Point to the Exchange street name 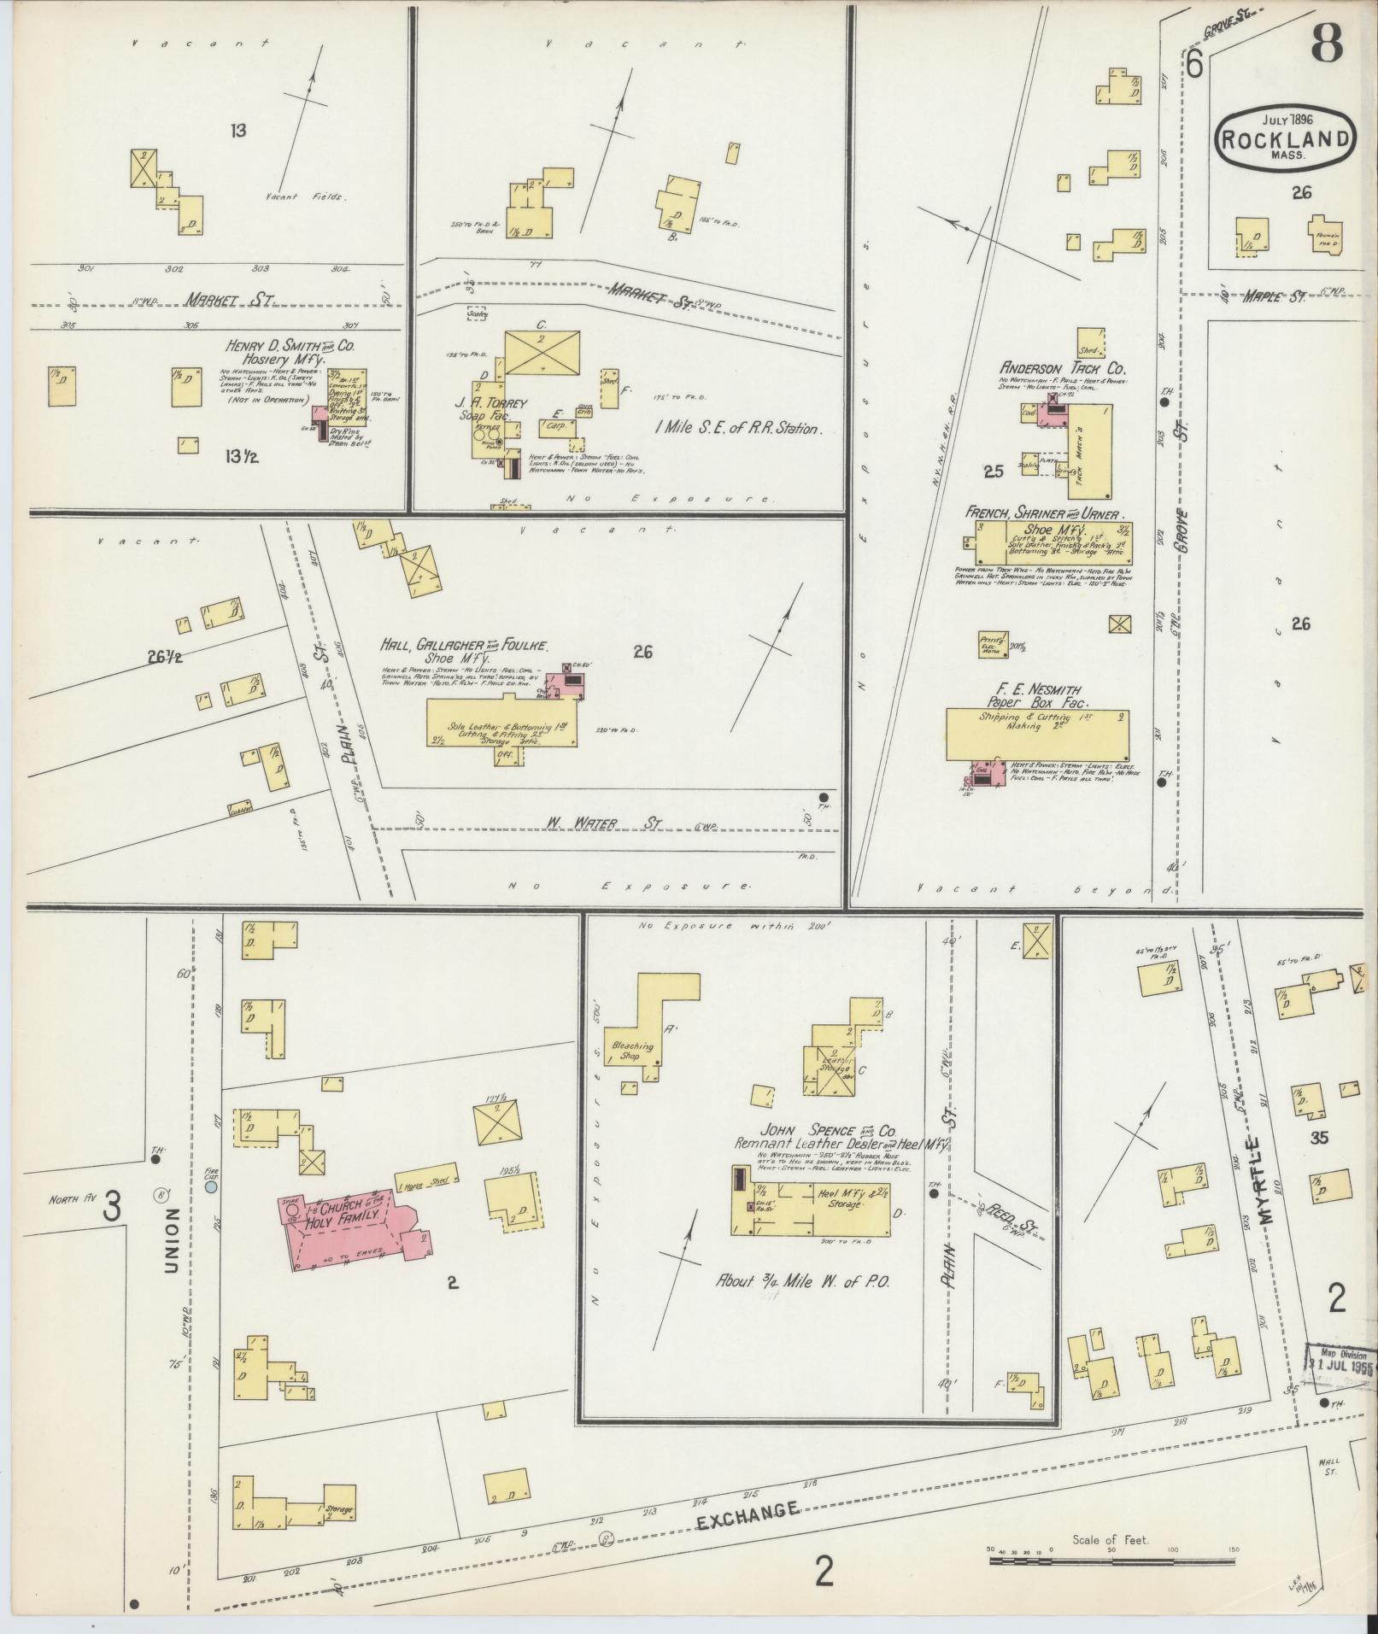pyautogui.click(x=748, y=1533)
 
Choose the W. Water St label pyautogui.click(x=603, y=823)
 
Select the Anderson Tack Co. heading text pyautogui.click(x=1064, y=368)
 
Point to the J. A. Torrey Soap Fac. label pyautogui.click(x=491, y=408)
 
